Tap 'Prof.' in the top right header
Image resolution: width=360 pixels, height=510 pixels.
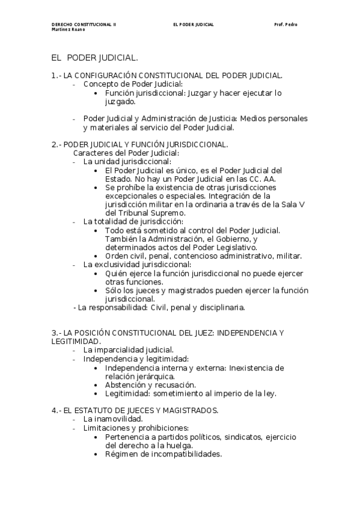point(279,25)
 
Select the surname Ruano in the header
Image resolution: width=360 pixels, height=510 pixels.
point(72,29)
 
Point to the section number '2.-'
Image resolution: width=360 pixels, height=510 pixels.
point(56,144)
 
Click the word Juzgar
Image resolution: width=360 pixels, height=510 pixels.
point(199,93)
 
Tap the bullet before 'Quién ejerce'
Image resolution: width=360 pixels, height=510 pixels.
point(97,273)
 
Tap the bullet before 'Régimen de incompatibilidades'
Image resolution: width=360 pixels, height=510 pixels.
point(97,454)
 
